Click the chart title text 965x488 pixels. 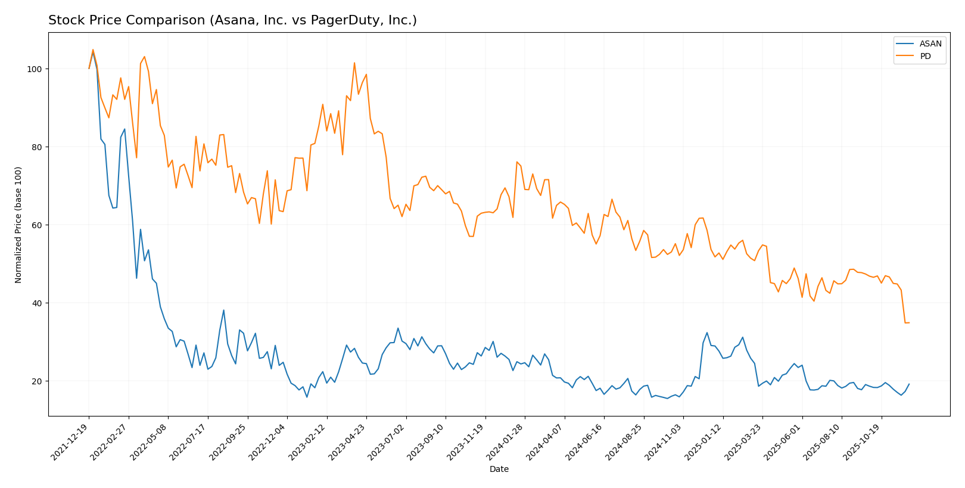[x=232, y=20]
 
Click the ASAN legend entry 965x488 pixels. [x=930, y=43]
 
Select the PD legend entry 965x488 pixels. [x=925, y=57]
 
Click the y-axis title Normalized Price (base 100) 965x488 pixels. [x=18, y=225]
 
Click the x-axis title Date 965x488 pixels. [x=499, y=470]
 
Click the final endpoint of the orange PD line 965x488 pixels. [x=909, y=322]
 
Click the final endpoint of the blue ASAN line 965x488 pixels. [x=909, y=384]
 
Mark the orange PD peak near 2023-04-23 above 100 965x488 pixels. [x=354, y=63]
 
